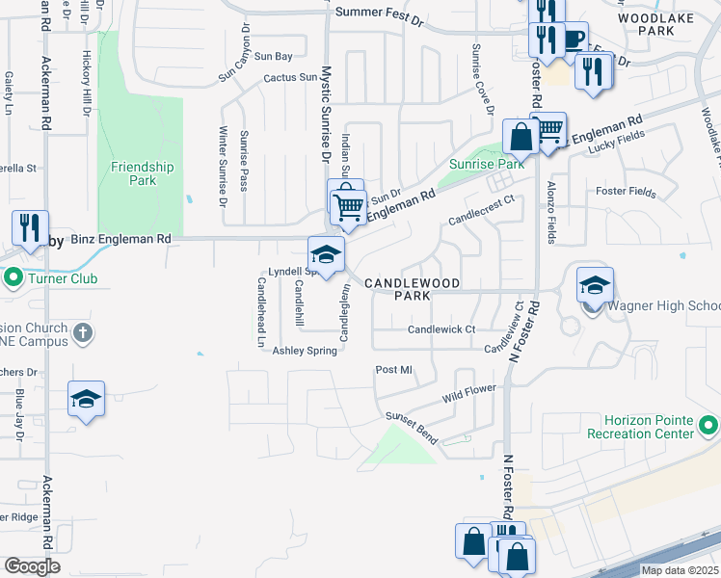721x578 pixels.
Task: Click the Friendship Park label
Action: click(x=142, y=173)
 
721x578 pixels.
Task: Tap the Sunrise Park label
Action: click(x=487, y=164)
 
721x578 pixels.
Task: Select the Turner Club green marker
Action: click(x=13, y=278)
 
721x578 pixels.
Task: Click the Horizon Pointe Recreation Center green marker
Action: click(x=708, y=425)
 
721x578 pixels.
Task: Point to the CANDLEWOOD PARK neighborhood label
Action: click(x=425, y=290)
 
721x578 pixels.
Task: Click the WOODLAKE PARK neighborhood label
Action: click(x=673, y=24)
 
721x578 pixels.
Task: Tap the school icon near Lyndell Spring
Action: click(x=326, y=255)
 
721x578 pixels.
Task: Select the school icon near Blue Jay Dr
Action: click(x=86, y=399)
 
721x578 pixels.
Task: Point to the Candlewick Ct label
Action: click(x=441, y=329)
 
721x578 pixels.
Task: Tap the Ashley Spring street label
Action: click(x=305, y=351)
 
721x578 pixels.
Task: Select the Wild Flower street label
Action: click(x=469, y=393)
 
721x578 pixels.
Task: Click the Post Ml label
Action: click(x=393, y=370)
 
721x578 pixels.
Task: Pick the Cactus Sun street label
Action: click(x=290, y=77)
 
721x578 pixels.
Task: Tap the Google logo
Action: click(x=32, y=566)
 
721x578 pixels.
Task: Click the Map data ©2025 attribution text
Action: click(x=680, y=570)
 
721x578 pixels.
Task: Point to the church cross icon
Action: click(x=84, y=333)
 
